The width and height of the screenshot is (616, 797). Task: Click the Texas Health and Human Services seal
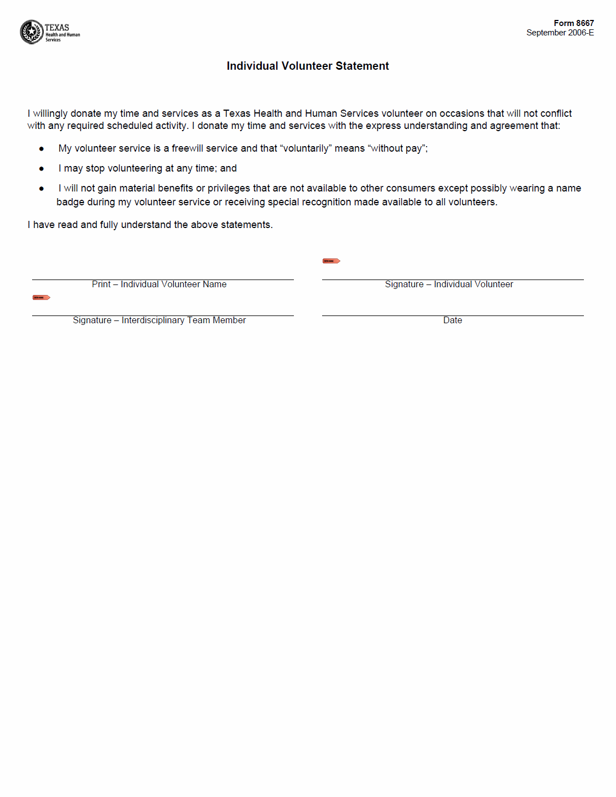point(32,32)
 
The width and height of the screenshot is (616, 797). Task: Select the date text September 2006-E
point(560,33)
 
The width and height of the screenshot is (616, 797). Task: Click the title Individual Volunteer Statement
point(308,66)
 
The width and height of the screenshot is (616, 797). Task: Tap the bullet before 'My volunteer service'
point(42,149)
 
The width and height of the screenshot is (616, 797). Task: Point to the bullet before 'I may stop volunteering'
point(42,169)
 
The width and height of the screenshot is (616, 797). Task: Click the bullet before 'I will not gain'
point(42,189)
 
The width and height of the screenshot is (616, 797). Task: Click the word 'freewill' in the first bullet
point(187,148)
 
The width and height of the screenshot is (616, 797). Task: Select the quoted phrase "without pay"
point(397,148)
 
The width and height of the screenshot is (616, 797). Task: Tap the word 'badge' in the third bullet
point(70,202)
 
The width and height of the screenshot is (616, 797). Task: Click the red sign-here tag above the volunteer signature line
point(331,261)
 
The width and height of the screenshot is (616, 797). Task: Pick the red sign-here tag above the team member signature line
point(41,298)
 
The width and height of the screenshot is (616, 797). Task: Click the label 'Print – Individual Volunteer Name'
point(159,284)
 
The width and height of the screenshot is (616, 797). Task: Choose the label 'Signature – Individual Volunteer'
point(449,284)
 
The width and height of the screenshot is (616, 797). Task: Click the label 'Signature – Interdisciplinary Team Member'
point(159,320)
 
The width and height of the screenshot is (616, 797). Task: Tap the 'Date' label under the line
point(452,320)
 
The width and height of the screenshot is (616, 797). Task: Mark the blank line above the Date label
point(452,315)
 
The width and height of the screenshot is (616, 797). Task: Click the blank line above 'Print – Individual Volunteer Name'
point(163,279)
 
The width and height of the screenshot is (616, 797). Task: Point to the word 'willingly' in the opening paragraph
point(50,113)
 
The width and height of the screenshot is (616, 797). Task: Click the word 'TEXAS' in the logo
point(57,27)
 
